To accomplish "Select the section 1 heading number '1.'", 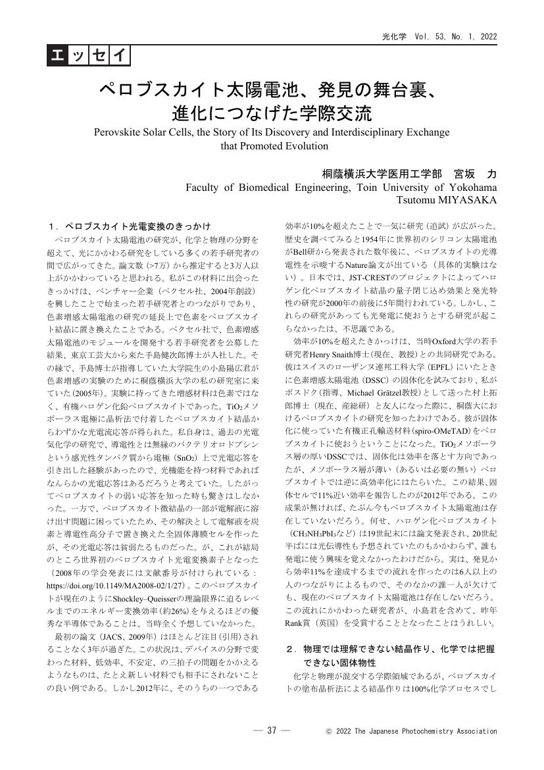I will (x=54, y=224).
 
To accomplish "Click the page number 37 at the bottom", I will (x=270, y=731).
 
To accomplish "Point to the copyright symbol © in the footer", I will (x=329, y=731).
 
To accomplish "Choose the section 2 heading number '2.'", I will (x=291, y=649).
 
